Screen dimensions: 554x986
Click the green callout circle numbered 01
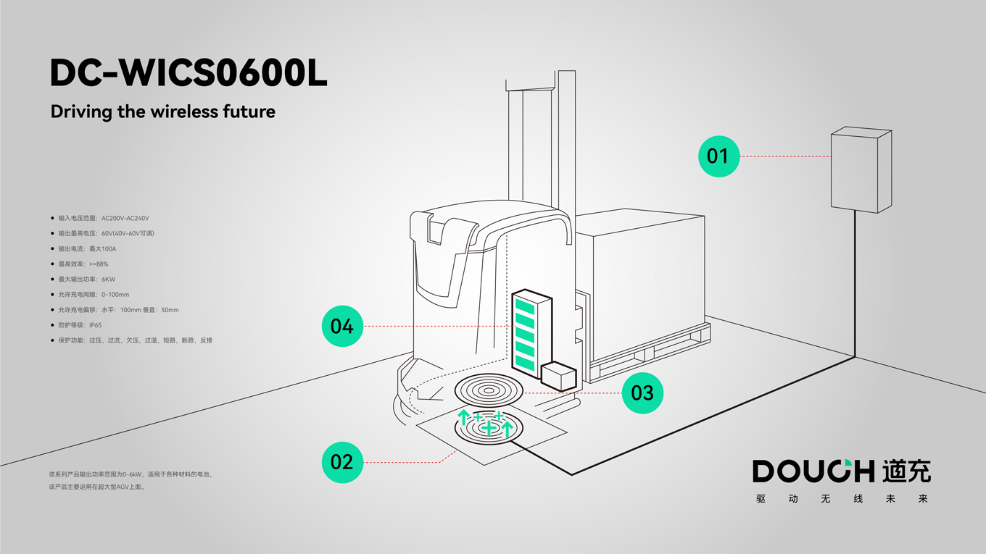click(x=718, y=156)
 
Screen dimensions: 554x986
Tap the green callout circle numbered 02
click(x=342, y=462)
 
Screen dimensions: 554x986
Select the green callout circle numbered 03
click(x=642, y=393)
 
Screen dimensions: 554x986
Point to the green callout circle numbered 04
click(x=342, y=326)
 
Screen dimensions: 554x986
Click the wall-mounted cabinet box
click(x=860, y=170)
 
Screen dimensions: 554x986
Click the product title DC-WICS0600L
click(x=188, y=73)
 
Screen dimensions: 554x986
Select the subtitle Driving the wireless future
click(x=163, y=112)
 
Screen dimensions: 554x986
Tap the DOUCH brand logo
click(x=841, y=471)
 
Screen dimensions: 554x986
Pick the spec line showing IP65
click(x=80, y=325)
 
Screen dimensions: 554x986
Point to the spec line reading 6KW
click(x=87, y=279)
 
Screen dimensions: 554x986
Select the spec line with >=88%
click(x=83, y=264)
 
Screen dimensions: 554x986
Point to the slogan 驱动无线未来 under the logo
click(x=841, y=499)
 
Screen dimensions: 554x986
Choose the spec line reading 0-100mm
click(x=94, y=295)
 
